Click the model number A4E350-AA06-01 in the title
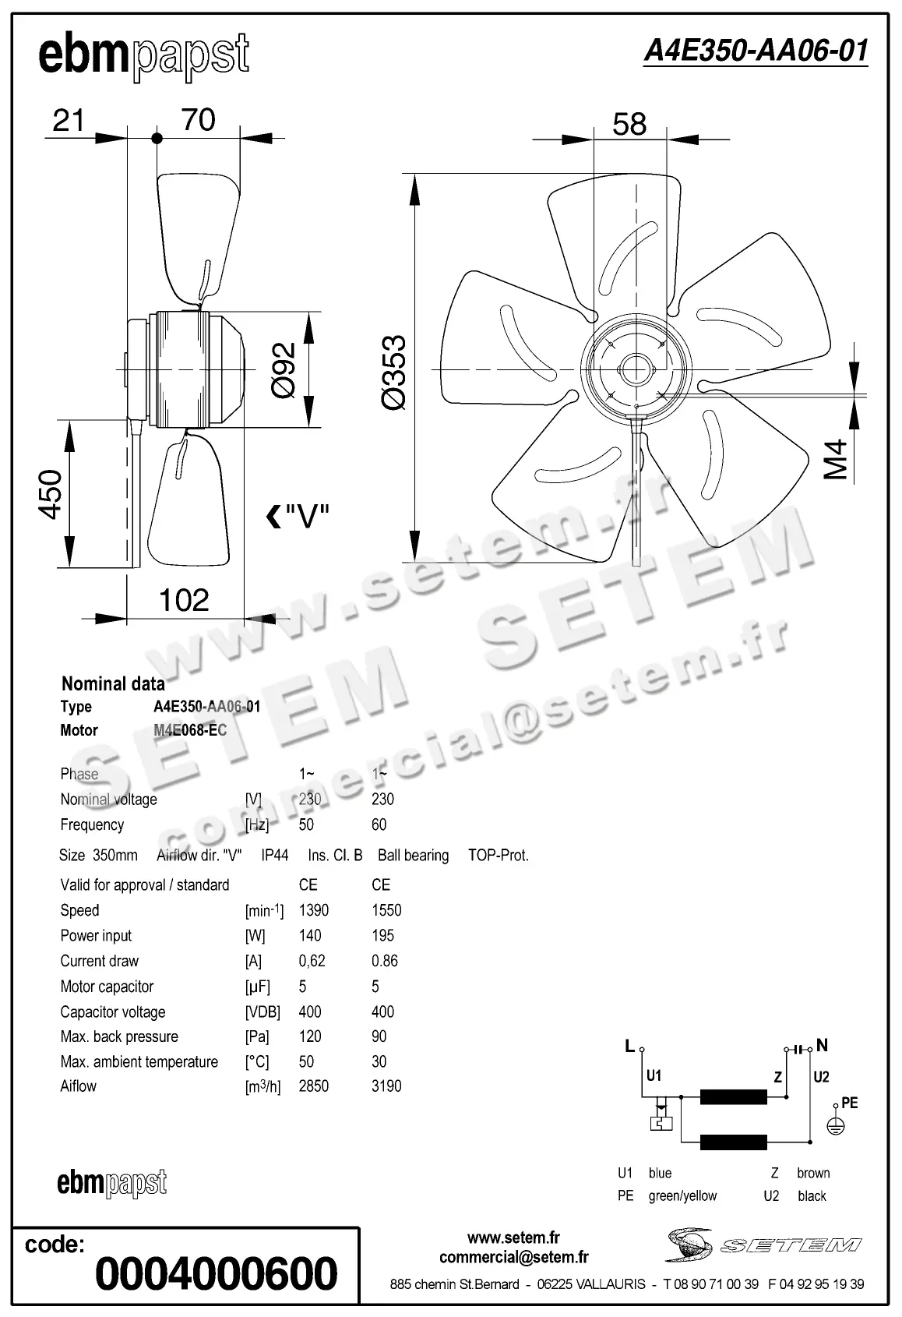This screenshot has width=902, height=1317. (755, 51)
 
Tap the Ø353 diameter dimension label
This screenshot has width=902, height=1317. (394, 372)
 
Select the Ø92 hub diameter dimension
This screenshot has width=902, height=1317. (284, 370)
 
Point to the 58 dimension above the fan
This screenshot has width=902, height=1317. (629, 124)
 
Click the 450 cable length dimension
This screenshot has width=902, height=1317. (51, 494)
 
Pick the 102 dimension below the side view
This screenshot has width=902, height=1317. (184, 601)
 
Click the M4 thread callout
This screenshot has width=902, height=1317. (836, 460)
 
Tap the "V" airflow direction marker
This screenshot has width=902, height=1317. (298, 516)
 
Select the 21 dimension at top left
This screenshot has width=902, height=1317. (69, 121)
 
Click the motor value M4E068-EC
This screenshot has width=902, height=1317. (190, 730)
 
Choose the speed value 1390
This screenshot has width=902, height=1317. (313, 910)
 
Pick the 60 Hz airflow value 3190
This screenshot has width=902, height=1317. (386, 1086)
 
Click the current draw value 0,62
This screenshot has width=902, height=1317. (312, 961)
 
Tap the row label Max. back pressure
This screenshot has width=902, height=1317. (119, 1036)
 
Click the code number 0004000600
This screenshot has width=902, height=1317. (217, 1273)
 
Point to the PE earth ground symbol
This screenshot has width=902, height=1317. (836, 1125)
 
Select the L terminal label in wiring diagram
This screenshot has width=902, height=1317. (629, 1047)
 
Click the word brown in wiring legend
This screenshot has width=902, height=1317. (813, 1173)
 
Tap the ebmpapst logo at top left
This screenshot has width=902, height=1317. (144, 56)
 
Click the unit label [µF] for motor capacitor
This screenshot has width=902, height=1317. (258, 987)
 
